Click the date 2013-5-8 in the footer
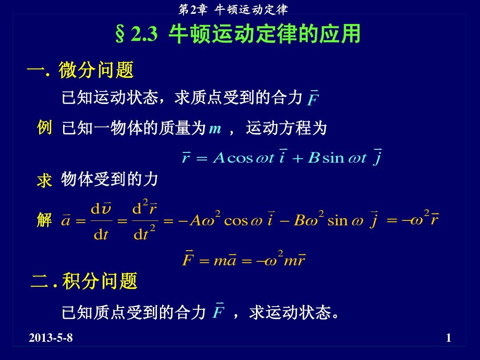(x=51, y=338)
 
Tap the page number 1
(x=448, y=338)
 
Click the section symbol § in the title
(x=120, y=34)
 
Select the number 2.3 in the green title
(x=144, y=34)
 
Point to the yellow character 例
(x=44, y=128)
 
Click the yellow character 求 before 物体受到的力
(x=44, y=180)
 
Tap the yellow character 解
(x=44, y=220)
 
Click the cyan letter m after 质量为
(x=215, y=128)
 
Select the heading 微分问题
(x=96, y=70)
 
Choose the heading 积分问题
(x=100, y=281)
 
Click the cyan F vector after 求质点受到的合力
(x=313, y=98)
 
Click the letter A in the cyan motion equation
(x=219, y=158)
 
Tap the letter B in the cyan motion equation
(x=314, y=158)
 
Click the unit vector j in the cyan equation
(x=377, y=157)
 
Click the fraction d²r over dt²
(x=145, y=220)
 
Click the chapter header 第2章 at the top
(x=193, y=10)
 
